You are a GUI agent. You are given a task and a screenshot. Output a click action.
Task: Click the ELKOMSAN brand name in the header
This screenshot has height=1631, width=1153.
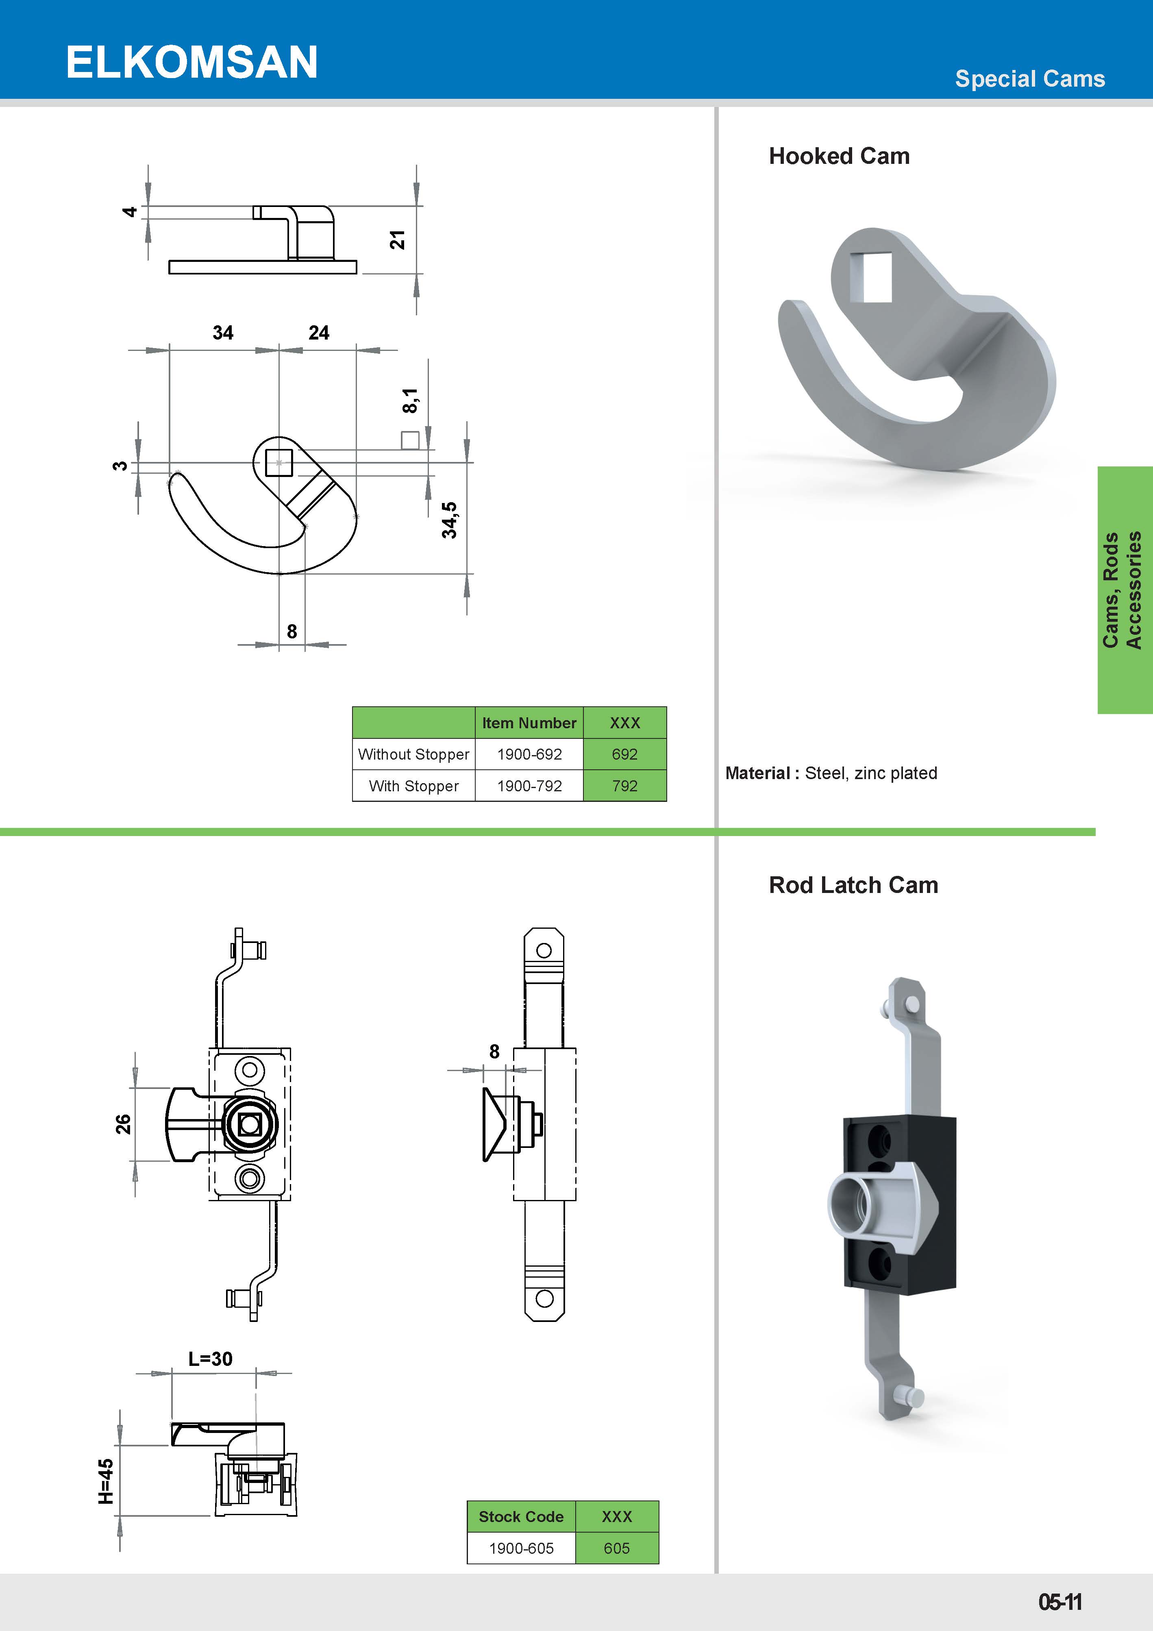click(192, 63)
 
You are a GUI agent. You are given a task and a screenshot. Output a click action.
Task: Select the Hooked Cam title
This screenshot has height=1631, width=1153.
click(839, 156)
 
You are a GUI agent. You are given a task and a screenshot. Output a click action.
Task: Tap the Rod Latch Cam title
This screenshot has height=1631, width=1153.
click(853, 885)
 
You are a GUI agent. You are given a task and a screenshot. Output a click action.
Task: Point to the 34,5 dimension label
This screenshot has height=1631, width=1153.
click(449, 520)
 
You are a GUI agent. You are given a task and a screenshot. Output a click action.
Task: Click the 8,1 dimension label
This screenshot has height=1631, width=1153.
click(410, 401)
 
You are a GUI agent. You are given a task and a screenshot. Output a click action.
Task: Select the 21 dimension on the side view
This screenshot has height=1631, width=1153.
click(397, 240)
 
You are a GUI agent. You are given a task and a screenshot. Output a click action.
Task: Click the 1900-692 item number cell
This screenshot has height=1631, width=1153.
click(529, 754)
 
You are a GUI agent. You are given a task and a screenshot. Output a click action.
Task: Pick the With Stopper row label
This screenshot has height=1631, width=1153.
click(413, 786)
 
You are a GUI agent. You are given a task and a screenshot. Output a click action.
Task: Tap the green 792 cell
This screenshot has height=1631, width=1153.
click(624, 786)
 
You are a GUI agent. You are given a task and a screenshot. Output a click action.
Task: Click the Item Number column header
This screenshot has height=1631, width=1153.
click(529, 723)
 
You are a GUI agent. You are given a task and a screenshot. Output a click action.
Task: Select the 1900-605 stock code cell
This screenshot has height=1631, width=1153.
click(521, 1548)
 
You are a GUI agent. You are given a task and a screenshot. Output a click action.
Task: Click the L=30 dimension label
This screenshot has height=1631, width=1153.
click(210, 1359)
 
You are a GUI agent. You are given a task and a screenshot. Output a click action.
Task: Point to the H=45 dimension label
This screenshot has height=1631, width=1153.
click(106, 1481)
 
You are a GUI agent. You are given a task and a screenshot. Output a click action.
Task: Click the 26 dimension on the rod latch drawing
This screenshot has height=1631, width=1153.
click(123, 1124)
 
